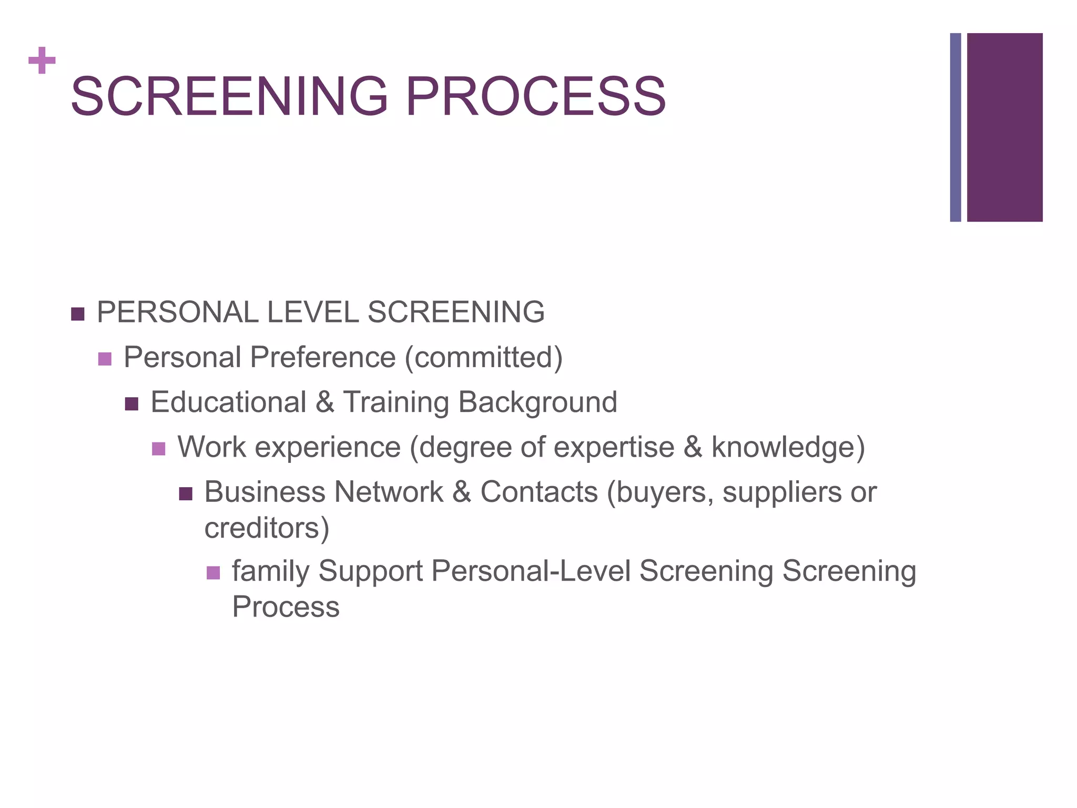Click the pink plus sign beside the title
42,60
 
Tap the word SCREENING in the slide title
229,96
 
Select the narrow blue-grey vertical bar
955,127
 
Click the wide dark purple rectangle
1004,127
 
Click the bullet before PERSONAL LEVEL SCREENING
77,314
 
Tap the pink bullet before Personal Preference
105,359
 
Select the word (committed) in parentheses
484,358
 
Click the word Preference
322,357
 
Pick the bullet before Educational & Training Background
131,404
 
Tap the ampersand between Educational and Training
325,402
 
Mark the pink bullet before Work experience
158,449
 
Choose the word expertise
614,448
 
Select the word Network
389,492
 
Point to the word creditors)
267,528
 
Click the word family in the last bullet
270,572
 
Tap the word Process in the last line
286,607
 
